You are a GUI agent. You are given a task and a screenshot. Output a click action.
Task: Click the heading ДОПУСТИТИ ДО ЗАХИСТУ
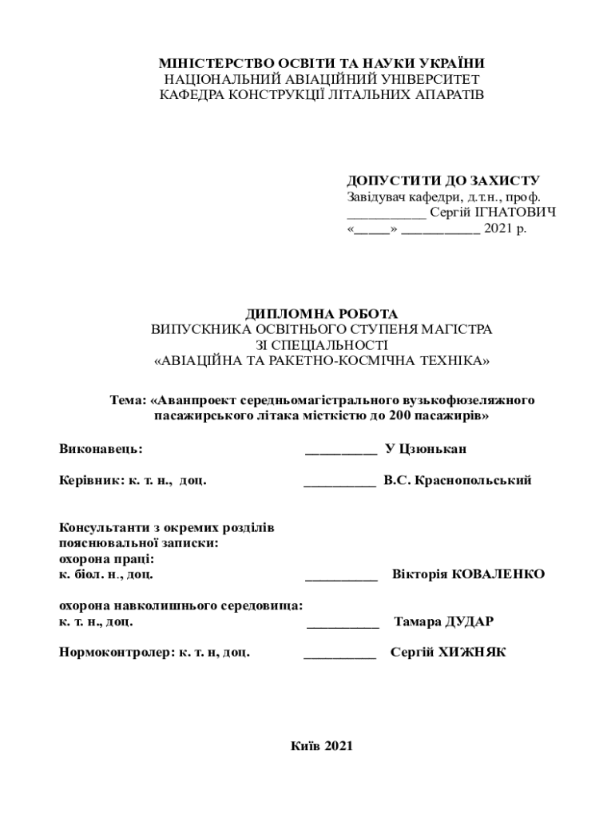[x=443, y=181]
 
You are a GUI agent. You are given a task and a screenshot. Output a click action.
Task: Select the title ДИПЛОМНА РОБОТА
[x=321, y=314]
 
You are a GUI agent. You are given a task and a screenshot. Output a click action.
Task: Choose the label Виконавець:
[x=101, y=449]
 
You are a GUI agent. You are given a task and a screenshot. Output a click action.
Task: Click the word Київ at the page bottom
[x=307, y=746]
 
